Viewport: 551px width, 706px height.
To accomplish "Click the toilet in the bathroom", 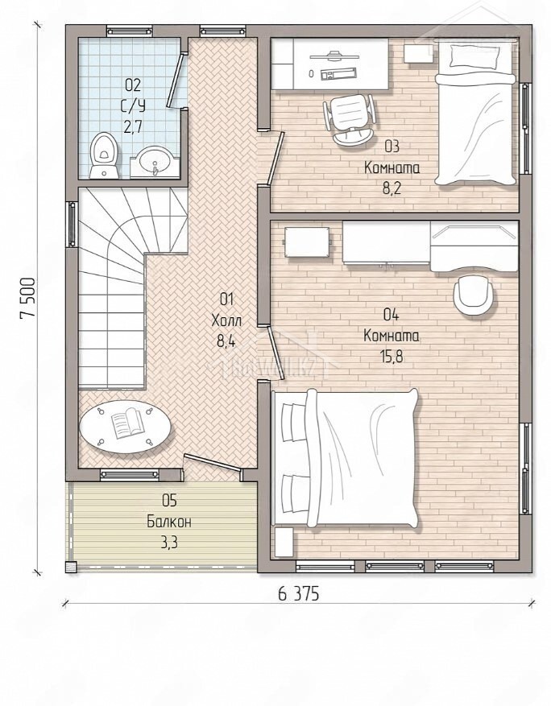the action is pyautogui.click(x=104, y=155).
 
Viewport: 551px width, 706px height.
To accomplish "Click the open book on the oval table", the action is pyautogui.click(x=127, y=423).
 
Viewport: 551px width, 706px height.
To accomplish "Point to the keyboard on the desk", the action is pyautogui.click(x=338, y=73).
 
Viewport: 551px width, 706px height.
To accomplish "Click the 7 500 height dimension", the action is pyautogui.click(x=27, y=299).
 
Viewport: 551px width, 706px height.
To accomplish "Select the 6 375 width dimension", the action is pyautogui.click(x=298, y=594).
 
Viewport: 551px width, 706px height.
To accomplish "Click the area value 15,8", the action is pyautogui.click(x=391, y=357).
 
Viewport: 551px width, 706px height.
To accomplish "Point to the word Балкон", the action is pyautogui.click(x=169, y=522).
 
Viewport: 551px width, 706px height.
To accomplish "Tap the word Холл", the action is pyautogui.click(x=226, y=321).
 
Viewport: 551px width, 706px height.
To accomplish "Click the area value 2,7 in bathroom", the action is pyautogui.click(x=133, y=126).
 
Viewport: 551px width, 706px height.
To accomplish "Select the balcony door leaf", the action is pyautogui.click(x=212, y=464).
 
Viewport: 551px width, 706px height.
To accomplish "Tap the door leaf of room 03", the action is pyautogui.click(x=275, y=158).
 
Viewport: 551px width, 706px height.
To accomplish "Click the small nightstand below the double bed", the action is pyautogui.click(x=284, y=542).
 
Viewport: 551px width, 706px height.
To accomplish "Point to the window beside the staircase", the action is pyautogui.click(x=72, y=225).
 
